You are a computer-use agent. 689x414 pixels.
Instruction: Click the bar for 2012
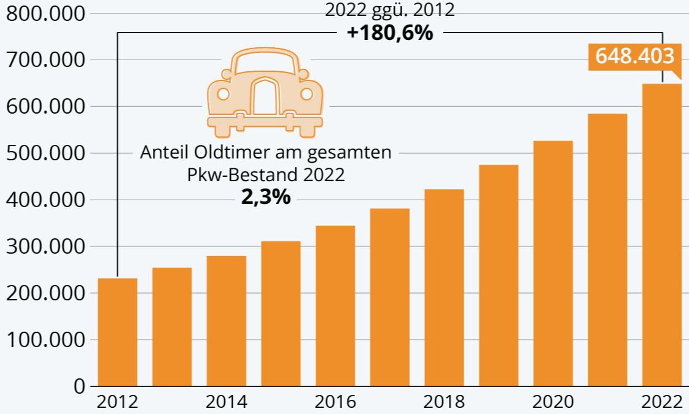(117, 332)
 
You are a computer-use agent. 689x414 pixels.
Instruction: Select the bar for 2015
(281, 313)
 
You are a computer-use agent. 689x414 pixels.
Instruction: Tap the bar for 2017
(389, 297)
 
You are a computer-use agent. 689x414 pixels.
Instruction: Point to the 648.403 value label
(635, 57)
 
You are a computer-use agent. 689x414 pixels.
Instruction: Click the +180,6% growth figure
(390, 33)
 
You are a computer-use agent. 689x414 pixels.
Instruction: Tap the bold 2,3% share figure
(266, 198)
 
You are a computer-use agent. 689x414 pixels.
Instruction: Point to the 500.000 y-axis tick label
(44, 153)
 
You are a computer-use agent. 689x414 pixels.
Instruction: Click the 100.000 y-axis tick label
(44, 340)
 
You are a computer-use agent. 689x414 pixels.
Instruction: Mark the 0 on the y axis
(79, 386)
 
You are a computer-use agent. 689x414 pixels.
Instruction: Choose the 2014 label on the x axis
(226, 402)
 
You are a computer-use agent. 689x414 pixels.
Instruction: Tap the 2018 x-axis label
(444, 402)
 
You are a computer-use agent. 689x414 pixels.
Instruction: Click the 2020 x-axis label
(553, 402)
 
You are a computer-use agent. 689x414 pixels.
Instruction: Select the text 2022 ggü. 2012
(390, 10)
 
